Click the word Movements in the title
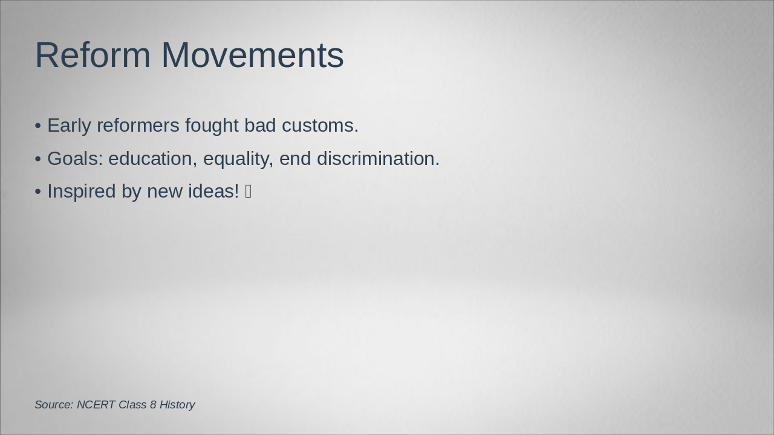252,55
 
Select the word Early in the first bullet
69,126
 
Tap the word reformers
138,126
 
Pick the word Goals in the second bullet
75,159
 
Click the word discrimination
378,159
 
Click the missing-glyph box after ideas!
249,192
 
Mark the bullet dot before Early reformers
38,126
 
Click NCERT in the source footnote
96,405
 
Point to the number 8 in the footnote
153,405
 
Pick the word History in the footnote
177,405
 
